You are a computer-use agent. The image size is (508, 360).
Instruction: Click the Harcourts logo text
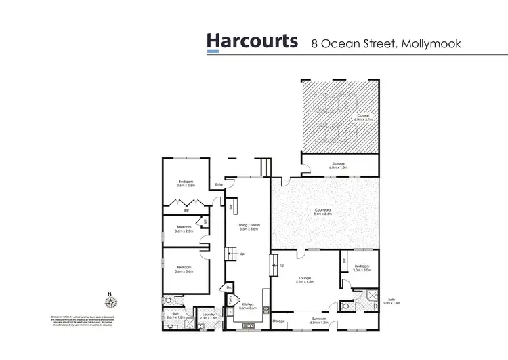click(252, 41)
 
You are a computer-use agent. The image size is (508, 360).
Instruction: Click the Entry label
click(219, 184)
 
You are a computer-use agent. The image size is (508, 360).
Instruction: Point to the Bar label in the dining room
click(230, 205)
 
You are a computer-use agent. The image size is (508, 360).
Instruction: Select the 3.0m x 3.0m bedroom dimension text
click(362, 271)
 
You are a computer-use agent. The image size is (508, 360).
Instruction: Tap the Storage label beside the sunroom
click(279, 321)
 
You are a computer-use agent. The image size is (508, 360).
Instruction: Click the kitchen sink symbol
click(248, 326)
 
